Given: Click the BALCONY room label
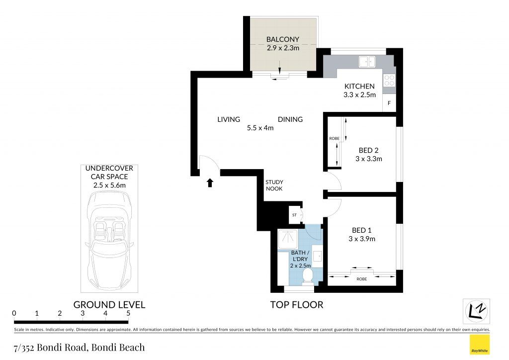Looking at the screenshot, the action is pyautogui.click(x=282, y=39).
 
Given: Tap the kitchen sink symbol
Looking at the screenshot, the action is pyautogui.click(x=367, y=62).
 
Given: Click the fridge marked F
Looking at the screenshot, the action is pyautogui.click(x=389, y=103).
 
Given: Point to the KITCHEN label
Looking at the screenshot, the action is pyautogui.click(x=359, y=87).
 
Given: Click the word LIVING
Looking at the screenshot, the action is pyautogui.click(x=229, y=119).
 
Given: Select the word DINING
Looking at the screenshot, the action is pyautogui.click(x=290, y=119).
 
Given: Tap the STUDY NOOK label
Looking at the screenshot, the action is pyautogui.click(x=274, y=185).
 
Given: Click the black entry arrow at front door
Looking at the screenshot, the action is pyautogui.click(x=210, y=183).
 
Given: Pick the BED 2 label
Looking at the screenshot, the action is pyautogui.click(x=368, y=150).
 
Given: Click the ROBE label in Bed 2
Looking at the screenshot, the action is pyautogui.click(x=335, y=138).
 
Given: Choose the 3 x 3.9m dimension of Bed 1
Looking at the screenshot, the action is pyautogui.click(x=362, y=239).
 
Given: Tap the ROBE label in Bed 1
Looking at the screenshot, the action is pyautogui.click(x=362, y=279).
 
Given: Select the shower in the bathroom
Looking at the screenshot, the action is pyautogui.click(x=288, y=239).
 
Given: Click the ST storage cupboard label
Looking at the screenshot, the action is pyautogui.click(x=294, y=215).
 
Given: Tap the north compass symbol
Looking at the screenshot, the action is pyautogui.click(x=476, y=311).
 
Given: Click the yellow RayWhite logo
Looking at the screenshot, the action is pyautogui.click(x=480, y=345).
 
